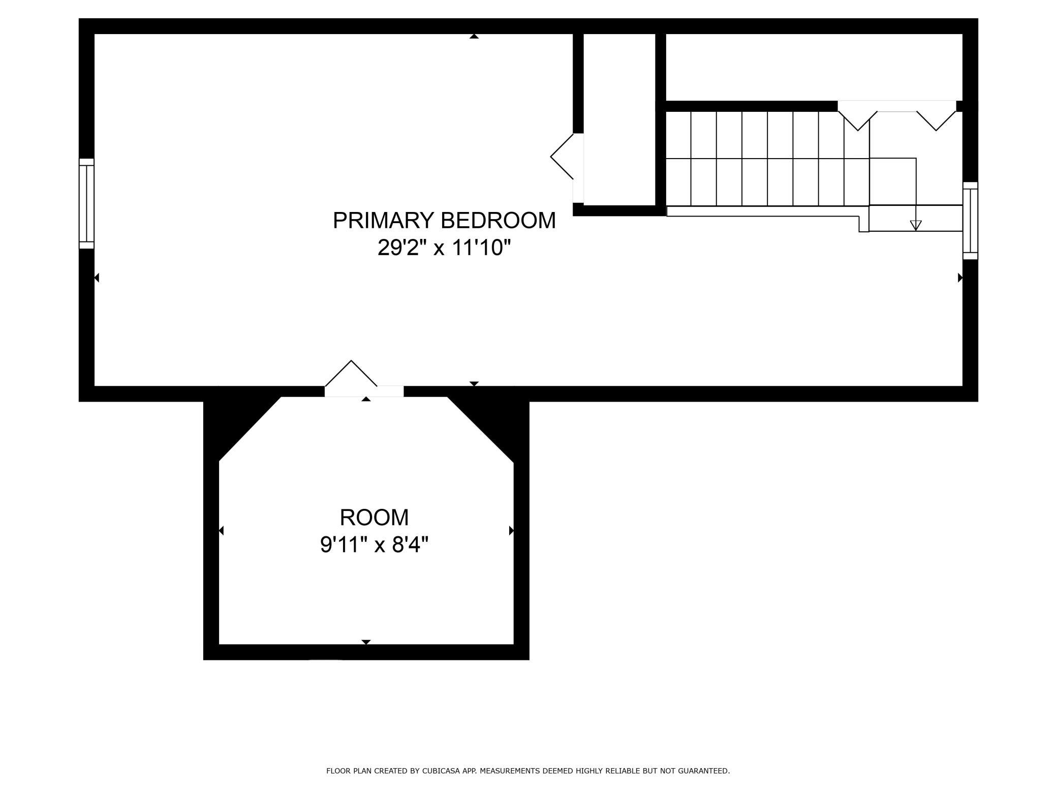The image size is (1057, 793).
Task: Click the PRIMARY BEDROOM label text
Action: pos(444,221)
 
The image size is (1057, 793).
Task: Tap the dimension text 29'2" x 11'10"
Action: pos(444,248)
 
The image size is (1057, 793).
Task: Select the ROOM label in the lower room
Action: pos(374,517)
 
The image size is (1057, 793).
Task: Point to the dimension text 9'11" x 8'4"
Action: pos(374,545)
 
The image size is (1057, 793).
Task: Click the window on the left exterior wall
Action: pos(86,203)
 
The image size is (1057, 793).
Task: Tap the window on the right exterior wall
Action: pos(970,221)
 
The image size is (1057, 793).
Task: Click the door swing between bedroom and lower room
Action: pos(351,374)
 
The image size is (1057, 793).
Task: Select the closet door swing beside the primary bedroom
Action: pos(562,157)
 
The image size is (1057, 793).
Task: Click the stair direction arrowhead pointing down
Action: pos(916,225)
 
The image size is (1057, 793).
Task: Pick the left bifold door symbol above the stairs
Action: pos(858,116)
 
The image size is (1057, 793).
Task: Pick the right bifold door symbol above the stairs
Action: pos(937,116)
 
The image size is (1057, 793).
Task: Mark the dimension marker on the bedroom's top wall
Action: pos(474,36)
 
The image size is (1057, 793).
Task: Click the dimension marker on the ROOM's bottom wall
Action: pos(366,642)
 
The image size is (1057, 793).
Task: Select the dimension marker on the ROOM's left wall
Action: pos(221,531)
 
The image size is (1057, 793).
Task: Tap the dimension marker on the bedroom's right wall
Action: pos(960,278)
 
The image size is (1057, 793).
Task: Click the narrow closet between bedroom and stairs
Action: pos(619,119)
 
